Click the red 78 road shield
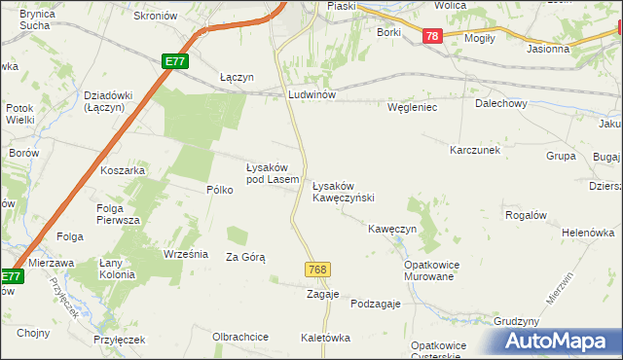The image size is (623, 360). pyautogui.click(x=433, y=36)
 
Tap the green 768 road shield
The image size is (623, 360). pyautogui.click(x=316, y=269)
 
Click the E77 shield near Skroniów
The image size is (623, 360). pyautogui.click(x=174, y=61)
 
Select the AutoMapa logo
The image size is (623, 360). pyautogui.click(x=560, y=342)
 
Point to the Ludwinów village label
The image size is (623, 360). pyautogui.click(x=311, y=94)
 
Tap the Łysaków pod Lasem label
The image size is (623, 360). pyautogui.click(x=272, y=172)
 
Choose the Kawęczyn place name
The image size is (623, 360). pyautogui.click(x=392, y=229)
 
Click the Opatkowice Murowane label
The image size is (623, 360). pyautogui.click(x=431, y=270)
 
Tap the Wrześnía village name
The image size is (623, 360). pyautogui.click(x=186, y=254)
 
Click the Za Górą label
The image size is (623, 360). pyautogui.click(x=245, y=257)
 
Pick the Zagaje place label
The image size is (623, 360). pyautogui.click(x=322, y=294)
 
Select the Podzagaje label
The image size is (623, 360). pyautogui.click(x=376, y=304)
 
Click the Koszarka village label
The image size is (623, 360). pyautogui.click(x=123, y=170)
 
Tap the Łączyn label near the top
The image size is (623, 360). pyautogui.click(x=237, y=77)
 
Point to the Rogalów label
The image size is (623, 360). pyautogui.click(x=527, y=214)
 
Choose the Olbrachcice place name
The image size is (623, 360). pyautogui.click(x=240, y=337)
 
